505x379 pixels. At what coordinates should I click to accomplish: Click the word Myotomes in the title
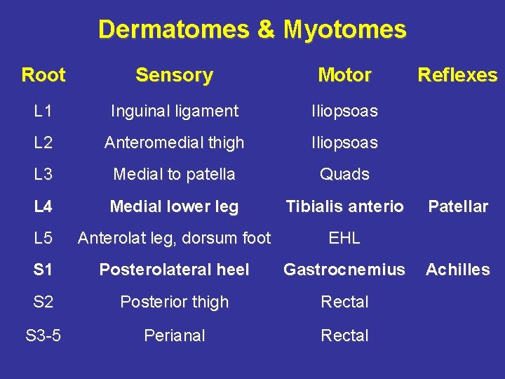(344, 29)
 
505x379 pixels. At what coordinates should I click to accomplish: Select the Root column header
(43, 74)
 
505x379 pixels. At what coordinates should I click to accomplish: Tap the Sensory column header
(174, 74)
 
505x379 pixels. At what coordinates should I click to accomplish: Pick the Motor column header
(344, 74)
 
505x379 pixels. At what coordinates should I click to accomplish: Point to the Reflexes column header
(457, 74)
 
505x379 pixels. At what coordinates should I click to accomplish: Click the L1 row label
(43, 111)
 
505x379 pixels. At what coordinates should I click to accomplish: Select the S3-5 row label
(43, 335)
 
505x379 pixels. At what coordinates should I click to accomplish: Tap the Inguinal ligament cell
(174, 111)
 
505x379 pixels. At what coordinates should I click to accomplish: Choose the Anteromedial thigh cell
(174, 142)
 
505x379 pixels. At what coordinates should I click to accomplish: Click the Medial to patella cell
(174, 174)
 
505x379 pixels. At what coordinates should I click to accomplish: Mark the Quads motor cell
(344, 174)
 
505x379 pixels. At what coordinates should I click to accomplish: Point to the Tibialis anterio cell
(344, 206)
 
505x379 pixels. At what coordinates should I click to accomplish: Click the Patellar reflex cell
(458, 206)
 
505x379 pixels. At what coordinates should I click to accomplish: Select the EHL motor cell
(344, 238)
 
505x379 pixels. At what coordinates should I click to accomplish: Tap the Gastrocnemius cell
(344, 270)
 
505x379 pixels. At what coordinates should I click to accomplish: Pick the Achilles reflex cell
(458, 270)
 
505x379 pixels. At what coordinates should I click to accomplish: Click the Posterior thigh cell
(174, 302)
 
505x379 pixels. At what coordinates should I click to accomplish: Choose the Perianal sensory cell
(174, 335)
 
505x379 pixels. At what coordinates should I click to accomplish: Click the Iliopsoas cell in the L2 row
(344, 142)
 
